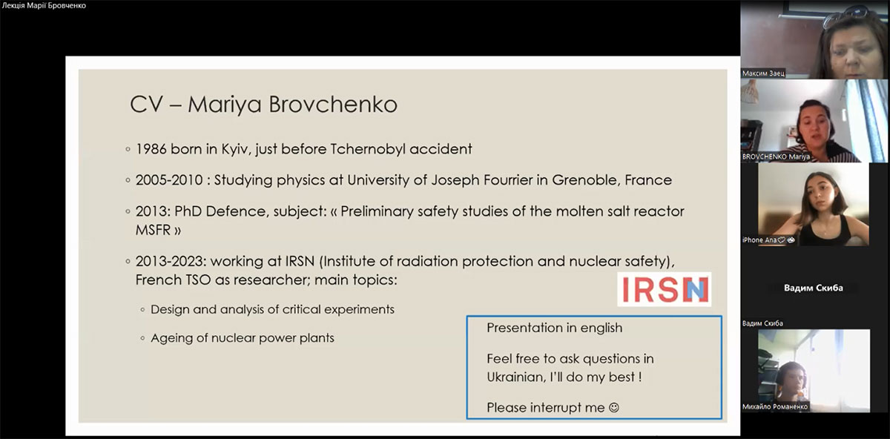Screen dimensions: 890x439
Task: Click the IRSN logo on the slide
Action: [665, 289]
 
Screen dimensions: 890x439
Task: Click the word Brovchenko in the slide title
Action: [333, 104]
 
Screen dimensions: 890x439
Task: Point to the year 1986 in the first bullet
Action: [151, 149]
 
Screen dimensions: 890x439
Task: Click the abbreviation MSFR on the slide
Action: [152, 230]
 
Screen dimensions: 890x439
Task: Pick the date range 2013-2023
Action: [171, 261]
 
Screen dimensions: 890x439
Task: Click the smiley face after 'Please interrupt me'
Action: [614, 407]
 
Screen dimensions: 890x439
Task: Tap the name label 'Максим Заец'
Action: [763, 73]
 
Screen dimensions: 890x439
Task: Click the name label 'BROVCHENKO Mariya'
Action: [776, 156]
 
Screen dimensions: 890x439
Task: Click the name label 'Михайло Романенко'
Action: [775, 406]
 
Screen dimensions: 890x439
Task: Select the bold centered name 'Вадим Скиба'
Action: [814, 288]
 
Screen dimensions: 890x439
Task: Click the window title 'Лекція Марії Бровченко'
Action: [44, 6]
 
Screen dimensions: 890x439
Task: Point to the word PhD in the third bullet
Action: [188, 211]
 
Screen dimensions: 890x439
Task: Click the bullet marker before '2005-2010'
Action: [128, 180]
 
